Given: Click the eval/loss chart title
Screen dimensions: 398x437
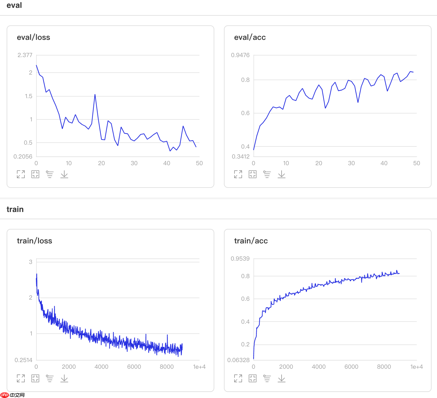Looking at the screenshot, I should coord(33,37).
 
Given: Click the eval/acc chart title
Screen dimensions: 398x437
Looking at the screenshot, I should coord(250,37).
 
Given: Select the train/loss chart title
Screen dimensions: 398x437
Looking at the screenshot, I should coord(34,241).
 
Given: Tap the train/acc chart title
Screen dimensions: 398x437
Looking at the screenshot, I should coord(251,241).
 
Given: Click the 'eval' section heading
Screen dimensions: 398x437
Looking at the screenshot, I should coord(14,5).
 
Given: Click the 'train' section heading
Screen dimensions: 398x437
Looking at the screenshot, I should coord(15,209).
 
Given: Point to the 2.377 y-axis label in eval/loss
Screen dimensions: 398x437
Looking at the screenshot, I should coord(25,55).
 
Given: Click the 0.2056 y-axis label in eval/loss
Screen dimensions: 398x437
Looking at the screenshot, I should coord(23,156).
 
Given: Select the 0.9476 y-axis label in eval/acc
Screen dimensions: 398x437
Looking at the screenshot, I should coord(240,55).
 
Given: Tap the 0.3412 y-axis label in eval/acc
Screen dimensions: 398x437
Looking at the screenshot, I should coord(241,156).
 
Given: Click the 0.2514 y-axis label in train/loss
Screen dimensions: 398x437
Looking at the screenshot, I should coord(23,360).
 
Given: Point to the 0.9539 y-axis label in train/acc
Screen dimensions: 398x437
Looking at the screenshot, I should coord(240,258).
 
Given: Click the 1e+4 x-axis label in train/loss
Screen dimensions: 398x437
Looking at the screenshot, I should coord(199,367).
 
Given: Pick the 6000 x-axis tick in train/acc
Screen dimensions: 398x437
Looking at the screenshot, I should coord(351,367).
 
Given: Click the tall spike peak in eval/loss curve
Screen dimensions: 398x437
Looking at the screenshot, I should coord(95,95).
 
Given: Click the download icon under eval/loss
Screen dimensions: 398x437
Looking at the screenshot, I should coord(64,174).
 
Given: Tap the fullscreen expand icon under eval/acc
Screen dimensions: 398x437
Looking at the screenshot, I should coord(238,174).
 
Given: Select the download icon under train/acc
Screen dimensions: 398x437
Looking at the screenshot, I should coord(282,378).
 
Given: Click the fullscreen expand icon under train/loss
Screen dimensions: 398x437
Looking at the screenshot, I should coord(21,378).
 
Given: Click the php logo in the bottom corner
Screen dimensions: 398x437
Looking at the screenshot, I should coord(5,395).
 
